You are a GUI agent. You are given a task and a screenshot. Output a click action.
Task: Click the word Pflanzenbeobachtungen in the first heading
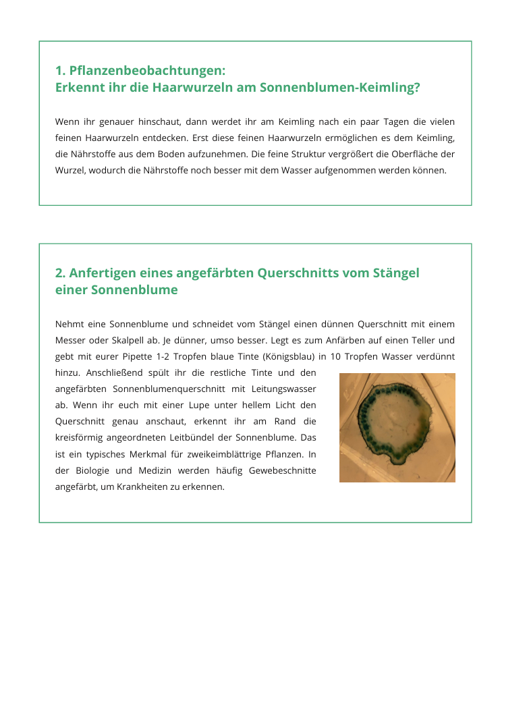click(147, 71)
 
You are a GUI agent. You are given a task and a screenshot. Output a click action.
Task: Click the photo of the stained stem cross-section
click(397, 428)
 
